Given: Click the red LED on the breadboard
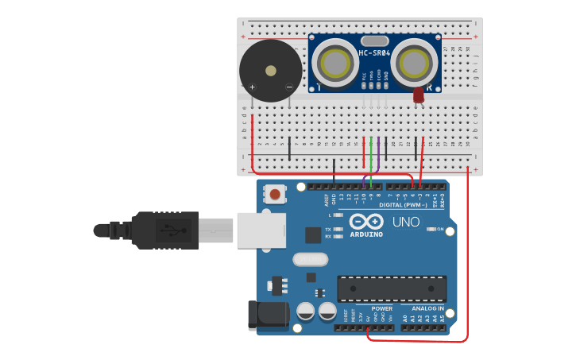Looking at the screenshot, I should (x=418, y=95).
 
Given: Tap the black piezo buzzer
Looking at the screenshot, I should (x=271, y=71).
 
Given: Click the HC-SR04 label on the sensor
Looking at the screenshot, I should (x=373, y=54).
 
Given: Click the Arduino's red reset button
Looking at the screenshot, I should (x=275, y=194).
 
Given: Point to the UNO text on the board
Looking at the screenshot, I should (x=405, y=222).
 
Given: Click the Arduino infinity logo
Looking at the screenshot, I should (x=366, y=222).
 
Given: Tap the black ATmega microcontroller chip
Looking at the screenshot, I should (x=392, y=288).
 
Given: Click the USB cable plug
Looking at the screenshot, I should (x=163, y=230).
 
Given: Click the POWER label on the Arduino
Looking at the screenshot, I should (x=382, y=308).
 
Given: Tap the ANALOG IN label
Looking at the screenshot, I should (x=427, y=308).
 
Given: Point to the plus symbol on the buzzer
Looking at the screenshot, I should (x=253, y=87).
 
